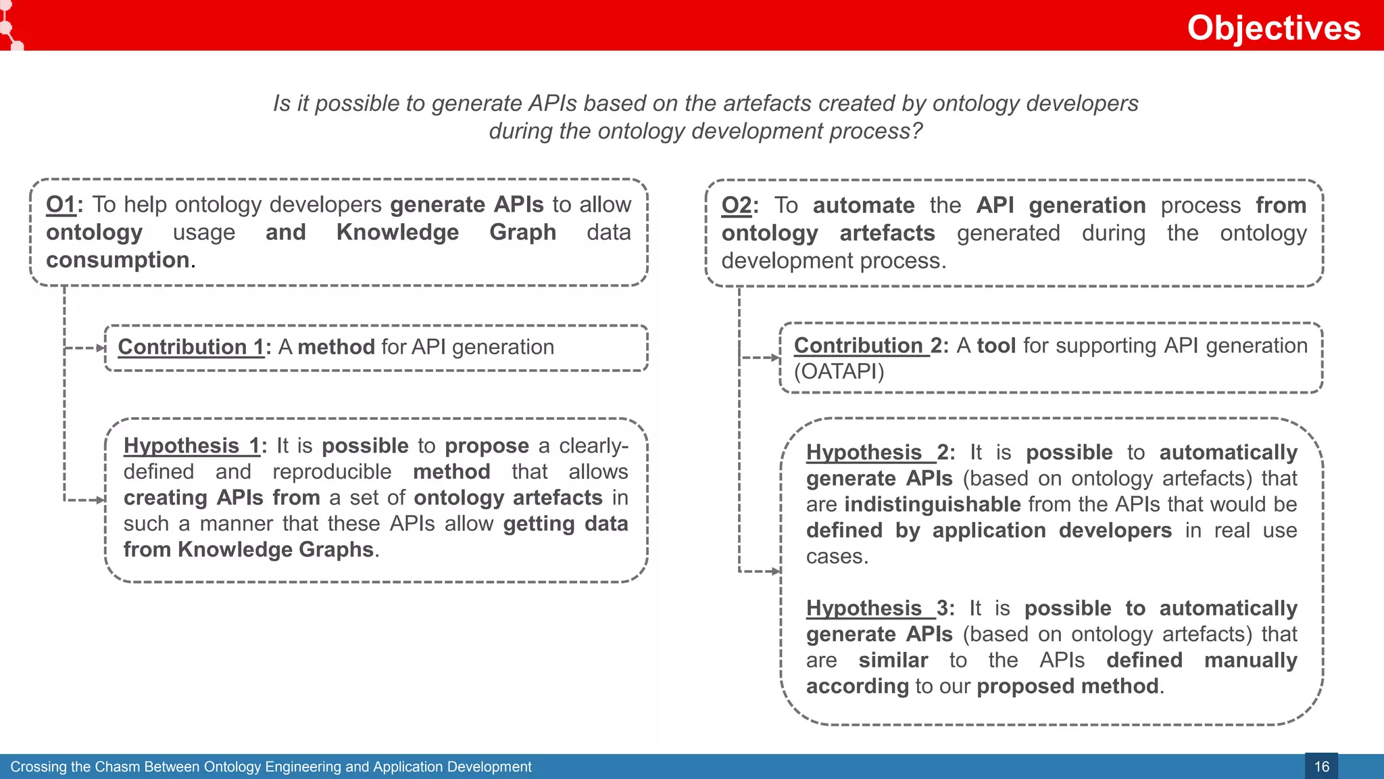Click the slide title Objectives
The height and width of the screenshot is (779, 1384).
pyautogui.click(x=1273, y=28)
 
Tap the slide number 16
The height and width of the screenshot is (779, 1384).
pyautogui.click(x=1321, y=767)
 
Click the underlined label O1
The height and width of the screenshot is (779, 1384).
pyautogui.click(x=61, y=205)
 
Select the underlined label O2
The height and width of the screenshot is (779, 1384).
pyautogui.click(x=737, y=206)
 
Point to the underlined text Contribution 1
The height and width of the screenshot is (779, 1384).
pyautogui.click(x=191, y=347)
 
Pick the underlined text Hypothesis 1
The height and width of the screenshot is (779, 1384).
pyautogui.click(x=191, y=446)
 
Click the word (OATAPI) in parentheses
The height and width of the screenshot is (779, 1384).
pyautogui.click(x=839, y=372)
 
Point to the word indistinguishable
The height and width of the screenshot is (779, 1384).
pyautogui.click(x=933, y=504)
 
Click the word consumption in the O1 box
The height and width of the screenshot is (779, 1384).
pyautogui.click(x=118, y=260)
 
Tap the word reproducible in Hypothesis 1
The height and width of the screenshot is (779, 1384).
pyautogui.click(x=332, y=472)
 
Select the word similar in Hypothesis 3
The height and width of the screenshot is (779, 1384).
pyautogui.click(x=893, y=660)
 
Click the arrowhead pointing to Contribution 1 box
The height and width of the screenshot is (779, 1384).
pyautogui.click(x=101, y=348)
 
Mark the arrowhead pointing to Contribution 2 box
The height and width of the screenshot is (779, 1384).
pyautogui.click(x=776, y=358)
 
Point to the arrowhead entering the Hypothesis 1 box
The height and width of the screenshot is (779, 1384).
pyautogui.click(x=101, y=500)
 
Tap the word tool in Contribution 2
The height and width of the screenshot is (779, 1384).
pyautogui.click(x=996, y=346)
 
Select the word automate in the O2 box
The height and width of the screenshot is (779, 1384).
pyautogui.click(x=863, y=206)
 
